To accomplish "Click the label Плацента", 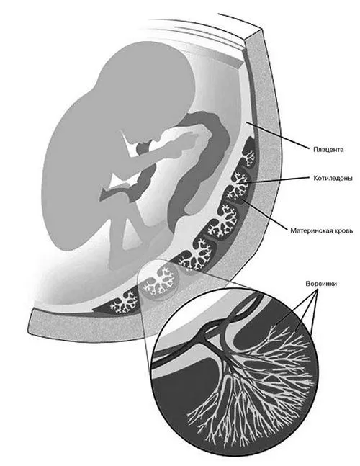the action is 328,150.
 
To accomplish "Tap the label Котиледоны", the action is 333,179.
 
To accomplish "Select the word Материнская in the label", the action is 310,230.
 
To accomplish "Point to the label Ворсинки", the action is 321,284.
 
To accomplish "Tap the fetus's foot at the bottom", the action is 119,261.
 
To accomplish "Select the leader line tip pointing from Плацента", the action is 246,122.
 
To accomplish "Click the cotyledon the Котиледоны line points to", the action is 238,183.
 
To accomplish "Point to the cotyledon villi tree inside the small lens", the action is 160,282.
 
